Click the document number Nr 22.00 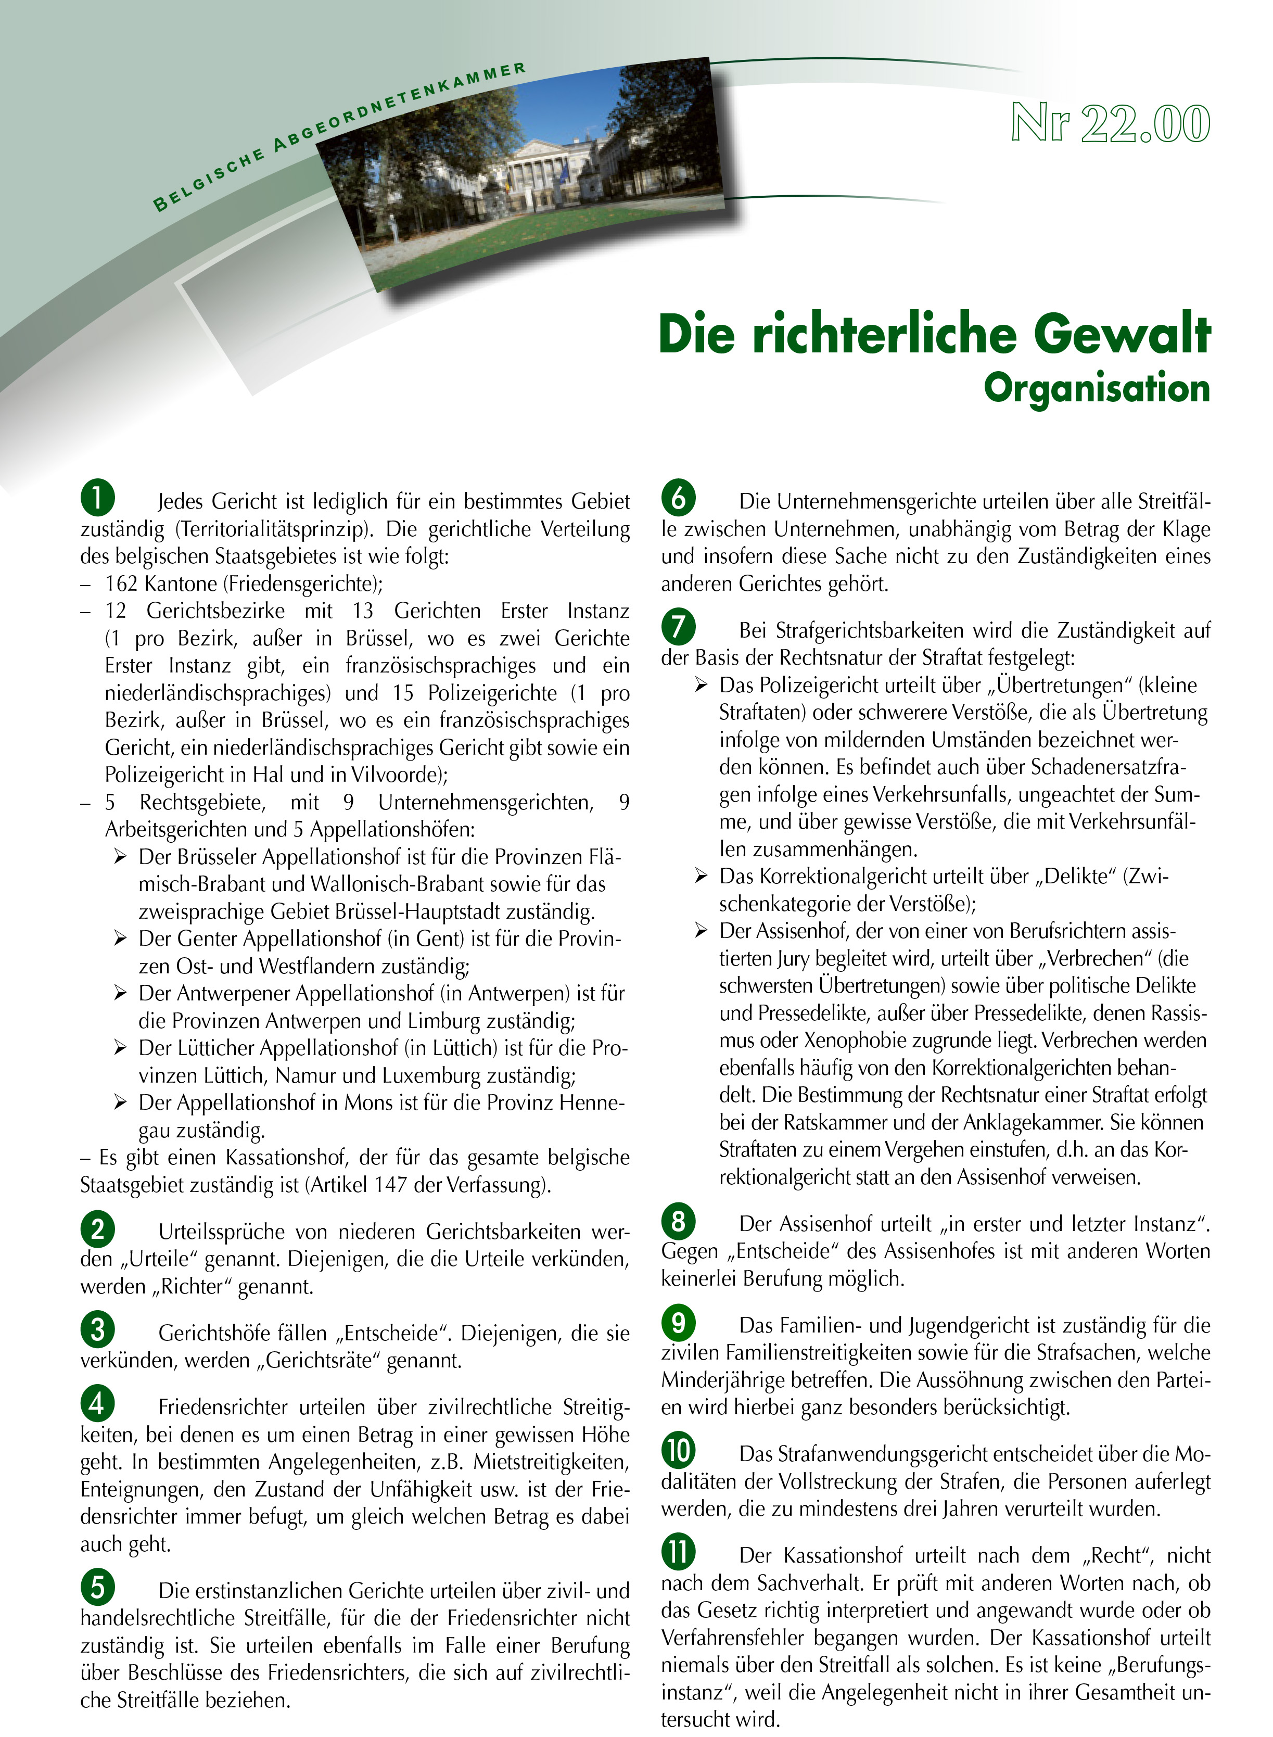1110,124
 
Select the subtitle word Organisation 1097,388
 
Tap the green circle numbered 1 98,497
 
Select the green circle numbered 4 98,1403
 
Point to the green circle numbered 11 678,1552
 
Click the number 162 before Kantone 122,584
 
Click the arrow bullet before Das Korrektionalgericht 701,876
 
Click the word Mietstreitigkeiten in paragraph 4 551,1462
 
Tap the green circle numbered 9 678,1323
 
